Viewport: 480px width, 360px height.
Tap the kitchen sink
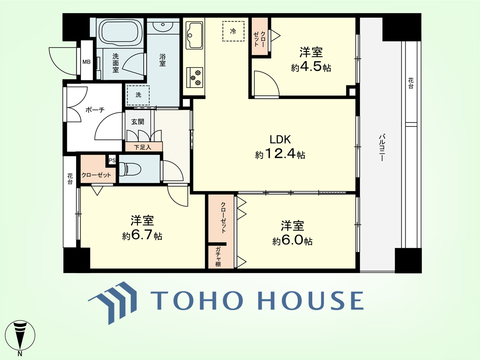[194, 35]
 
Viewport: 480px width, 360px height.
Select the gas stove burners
[195, 77]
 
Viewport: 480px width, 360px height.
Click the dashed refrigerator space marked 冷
[233, 31]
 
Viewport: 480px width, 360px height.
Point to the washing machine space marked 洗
[138, 95]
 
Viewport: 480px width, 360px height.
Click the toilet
[130, 169]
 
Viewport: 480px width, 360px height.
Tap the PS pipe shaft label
[112, 160]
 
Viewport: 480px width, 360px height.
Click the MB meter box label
[86, 62]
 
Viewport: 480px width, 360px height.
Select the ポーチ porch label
[95, 110]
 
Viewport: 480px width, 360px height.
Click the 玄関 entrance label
[138, 122]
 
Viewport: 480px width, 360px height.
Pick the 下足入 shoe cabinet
[144, 147]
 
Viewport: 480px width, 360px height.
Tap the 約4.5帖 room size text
[311, 68]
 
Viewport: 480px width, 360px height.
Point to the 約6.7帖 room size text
[142, 236]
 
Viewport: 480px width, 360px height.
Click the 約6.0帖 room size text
[292, 241]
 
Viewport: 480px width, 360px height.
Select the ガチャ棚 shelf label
[218, 257]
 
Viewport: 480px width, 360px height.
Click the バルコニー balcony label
[382, 148]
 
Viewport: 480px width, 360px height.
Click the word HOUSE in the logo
[310, 300]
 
